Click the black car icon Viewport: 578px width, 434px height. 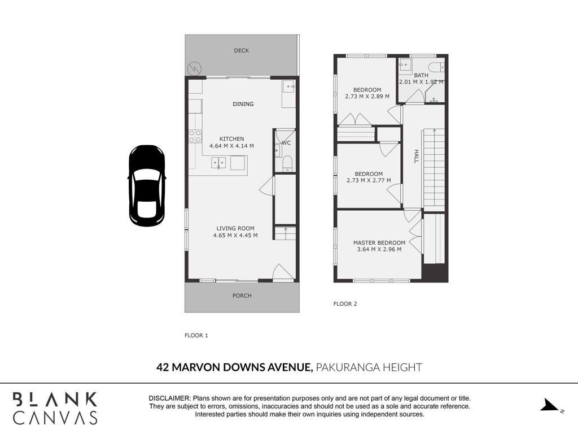(x=147, y=185)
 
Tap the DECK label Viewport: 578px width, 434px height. (x=242, y=50)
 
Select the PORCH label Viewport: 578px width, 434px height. (x=242, y=296)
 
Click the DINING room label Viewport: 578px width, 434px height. (x=243, y=104)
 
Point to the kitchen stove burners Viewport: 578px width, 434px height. (x=195, y=136)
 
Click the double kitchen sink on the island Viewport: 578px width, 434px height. (x=218, y=163)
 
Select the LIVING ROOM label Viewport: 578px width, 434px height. (x=235, y=228)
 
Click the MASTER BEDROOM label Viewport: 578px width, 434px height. (x=379, y=243)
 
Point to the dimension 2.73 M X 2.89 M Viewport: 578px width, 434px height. (x=367, y=97)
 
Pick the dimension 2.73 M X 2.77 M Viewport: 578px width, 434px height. (x=369, y=180)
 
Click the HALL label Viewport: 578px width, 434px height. (x=416, y=156)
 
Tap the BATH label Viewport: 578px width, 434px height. (x=421, y=75)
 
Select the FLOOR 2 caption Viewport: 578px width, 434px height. (x=345, y=303)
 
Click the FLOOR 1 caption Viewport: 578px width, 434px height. (x=196, y=336)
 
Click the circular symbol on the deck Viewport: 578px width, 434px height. (x=194, y=68)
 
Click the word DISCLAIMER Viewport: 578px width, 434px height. (x=169, y=398)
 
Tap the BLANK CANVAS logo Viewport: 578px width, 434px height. (x=55, y=408)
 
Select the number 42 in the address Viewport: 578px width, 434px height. (x=163, y=367)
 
